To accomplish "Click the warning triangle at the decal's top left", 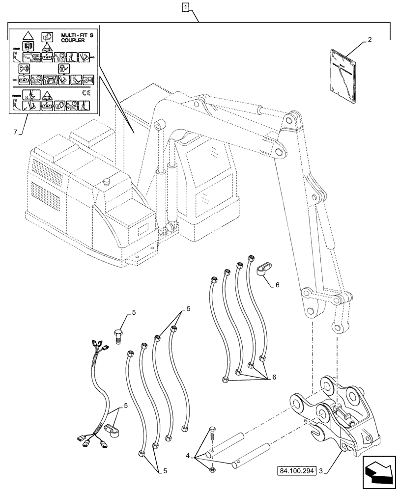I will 27,36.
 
